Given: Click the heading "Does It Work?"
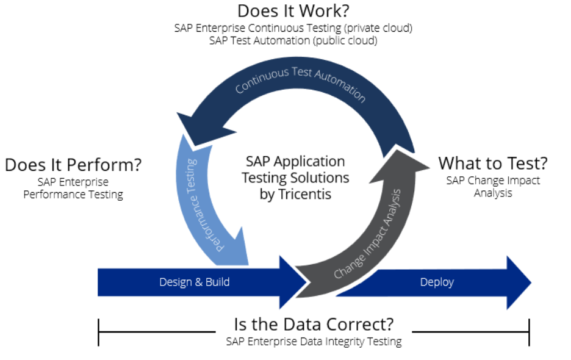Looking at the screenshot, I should [x=293, y=11].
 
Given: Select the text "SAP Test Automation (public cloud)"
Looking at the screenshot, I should [x=293, y=40].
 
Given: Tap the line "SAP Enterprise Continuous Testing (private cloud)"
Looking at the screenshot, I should [x=293, y=27].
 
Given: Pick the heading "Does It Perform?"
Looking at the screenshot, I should [x=73, y=165].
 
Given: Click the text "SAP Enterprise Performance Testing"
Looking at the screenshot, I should [x=73, y=188].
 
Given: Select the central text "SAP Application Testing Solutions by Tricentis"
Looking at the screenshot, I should [x=295, y=178].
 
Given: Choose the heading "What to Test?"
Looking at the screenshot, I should [x=493, y=163].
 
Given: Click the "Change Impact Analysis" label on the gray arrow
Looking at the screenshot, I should [x=367, y=235].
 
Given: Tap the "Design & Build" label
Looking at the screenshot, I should [x=195, y=282].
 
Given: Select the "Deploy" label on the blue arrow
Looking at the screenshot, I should [x=437, y=282].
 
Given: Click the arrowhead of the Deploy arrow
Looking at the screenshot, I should [x=519, y=282].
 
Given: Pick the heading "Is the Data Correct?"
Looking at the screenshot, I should [x=314, y=323].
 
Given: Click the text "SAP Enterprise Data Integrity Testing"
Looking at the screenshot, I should [x=314, y=341].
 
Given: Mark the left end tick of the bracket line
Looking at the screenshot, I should [x=98, y=332].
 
